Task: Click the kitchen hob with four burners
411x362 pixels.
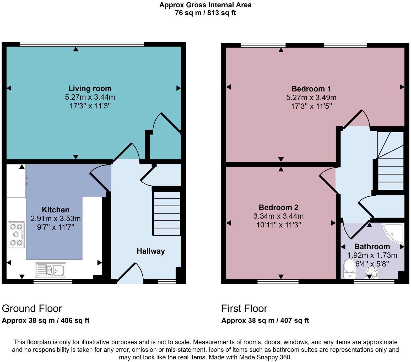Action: coord(16,235)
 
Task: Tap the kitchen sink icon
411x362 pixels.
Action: coord(51,270)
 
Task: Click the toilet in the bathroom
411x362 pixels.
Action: coord(349,269)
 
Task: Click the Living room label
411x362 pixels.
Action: coord(90,88)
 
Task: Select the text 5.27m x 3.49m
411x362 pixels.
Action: coord(311,98)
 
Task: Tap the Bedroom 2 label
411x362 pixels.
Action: coord(278,207)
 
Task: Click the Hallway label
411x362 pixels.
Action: coord(151,251)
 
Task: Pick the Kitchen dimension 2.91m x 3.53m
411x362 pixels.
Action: coord(56,218)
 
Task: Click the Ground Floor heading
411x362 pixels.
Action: coord(32,309)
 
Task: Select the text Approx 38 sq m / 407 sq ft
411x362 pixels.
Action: coord(265,320)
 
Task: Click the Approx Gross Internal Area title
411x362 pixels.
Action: coord(205,5)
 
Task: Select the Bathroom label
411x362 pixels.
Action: coord(372,246)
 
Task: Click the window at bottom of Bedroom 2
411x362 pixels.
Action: coord(278,281)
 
